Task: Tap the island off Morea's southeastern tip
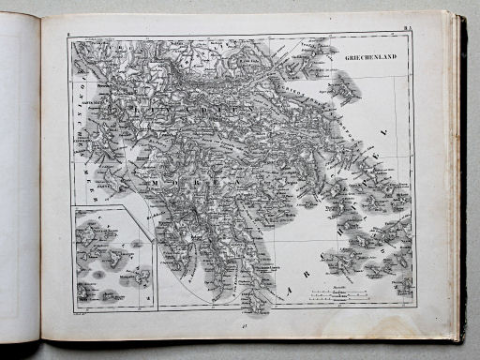[246, 299]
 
